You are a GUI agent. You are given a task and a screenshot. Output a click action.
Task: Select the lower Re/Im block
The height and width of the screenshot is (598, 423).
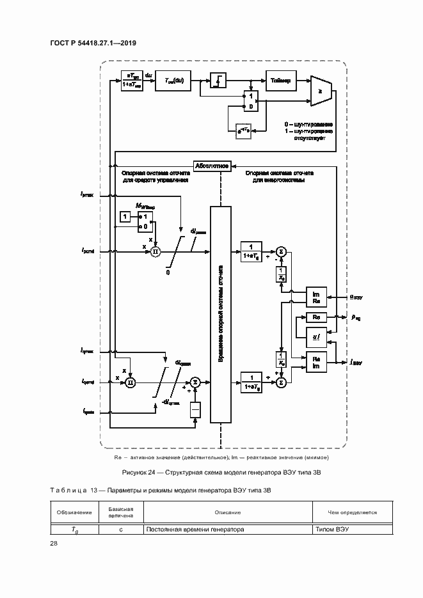click(x=316, y=362)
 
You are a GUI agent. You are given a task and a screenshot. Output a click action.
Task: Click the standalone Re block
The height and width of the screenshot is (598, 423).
click(x=316, y=317)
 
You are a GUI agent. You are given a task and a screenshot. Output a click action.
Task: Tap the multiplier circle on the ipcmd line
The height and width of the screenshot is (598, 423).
click(x=155, y=252)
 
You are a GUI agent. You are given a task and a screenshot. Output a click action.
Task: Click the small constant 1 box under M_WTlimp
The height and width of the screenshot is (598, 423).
click(x=126, y=218)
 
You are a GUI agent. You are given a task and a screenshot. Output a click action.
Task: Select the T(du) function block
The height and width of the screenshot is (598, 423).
click(x=173, y=81)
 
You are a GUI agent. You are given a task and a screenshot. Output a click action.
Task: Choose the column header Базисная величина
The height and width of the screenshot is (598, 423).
click(x=120, y=512)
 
